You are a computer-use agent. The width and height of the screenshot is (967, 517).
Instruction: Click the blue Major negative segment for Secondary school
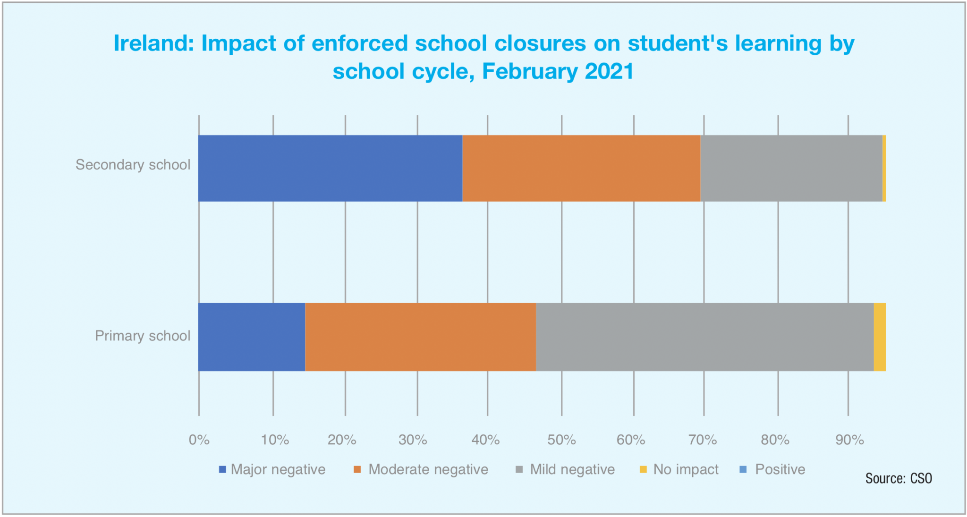click(x=330, y=168)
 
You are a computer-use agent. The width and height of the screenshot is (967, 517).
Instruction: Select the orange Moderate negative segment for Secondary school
click(x=581, y=168)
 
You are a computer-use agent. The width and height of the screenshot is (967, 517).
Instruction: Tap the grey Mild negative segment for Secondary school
click(x=791, y=168)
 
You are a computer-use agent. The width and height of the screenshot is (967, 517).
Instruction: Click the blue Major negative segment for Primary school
click(x=252, y=337)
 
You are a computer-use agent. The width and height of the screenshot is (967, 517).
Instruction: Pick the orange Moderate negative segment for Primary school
click(x=420, y=337)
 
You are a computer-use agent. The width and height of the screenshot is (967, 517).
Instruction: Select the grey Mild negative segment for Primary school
click(x=704, y=337)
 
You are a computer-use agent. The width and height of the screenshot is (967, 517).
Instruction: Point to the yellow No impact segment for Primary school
click(x=880, y=337)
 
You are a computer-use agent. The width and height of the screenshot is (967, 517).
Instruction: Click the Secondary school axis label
click(x=133, y=165)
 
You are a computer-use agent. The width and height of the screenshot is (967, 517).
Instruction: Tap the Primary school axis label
click(x=143, y=336)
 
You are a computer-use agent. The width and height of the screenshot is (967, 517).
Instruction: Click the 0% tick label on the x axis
click(x=199, y=440)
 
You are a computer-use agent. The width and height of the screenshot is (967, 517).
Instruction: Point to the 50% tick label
click(x=561, y=440)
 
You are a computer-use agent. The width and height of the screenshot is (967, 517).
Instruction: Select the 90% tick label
click(x=849, y=440)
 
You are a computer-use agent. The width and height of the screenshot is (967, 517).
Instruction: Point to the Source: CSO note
click(x=898, y=478)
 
